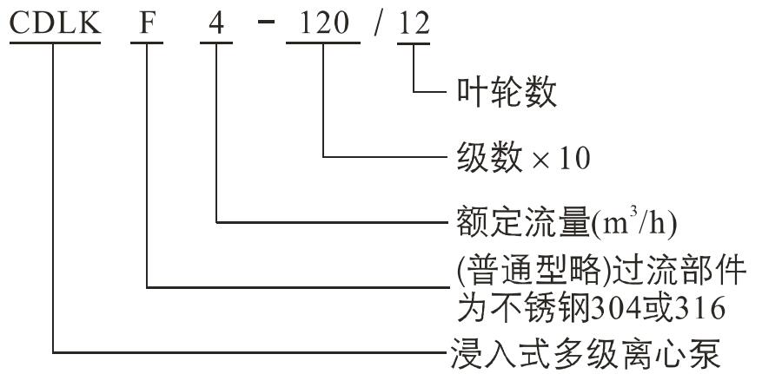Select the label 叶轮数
click(x=507, y=93)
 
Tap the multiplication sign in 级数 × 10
click(x=540, y=159)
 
